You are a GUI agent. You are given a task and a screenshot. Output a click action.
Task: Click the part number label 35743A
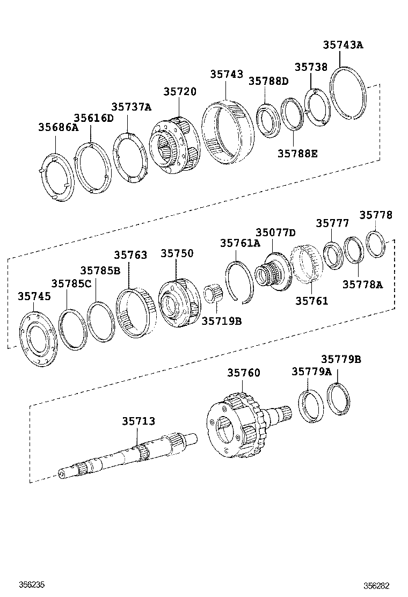(343, 45)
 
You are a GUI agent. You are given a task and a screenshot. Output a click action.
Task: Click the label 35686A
(58, 127)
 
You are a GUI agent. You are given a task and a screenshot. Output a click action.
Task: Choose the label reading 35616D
(93, 118)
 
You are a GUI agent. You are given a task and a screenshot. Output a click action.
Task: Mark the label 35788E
(297, 154)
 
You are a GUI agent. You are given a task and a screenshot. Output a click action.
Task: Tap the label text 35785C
(71, 283)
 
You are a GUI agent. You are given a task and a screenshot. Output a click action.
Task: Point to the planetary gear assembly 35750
(179, 304)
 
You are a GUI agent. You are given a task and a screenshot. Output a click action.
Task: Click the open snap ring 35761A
(239, 282)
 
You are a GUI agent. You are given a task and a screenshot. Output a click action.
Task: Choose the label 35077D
(275, 232)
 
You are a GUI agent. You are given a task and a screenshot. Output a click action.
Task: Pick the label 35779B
(341, 360)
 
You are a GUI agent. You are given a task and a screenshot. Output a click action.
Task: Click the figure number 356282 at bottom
(376, 585)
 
